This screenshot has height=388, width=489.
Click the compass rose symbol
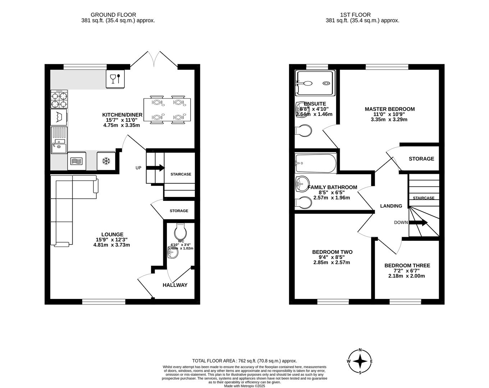pos(360,361)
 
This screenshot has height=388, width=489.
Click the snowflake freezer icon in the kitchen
pos(106,161)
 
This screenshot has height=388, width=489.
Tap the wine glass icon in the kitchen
pos(115,79)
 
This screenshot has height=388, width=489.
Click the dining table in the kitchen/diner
pos(167,110)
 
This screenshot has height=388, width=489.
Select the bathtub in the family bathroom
pos(315,163)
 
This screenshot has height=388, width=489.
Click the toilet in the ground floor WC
pos(180,231)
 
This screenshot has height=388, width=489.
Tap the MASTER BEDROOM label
pos(389,109)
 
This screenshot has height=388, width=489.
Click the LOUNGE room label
pos(111,235)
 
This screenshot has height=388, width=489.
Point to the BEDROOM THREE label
pos(407,266)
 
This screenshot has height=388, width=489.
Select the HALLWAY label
pos(175,285)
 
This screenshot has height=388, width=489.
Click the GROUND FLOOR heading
pos(113,15)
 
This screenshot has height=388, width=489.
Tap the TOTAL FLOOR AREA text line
pos(244,361)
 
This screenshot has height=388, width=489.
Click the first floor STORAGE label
pos(421,159)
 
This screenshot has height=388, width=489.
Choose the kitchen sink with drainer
pos(59,140)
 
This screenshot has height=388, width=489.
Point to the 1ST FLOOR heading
pos(355,15)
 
